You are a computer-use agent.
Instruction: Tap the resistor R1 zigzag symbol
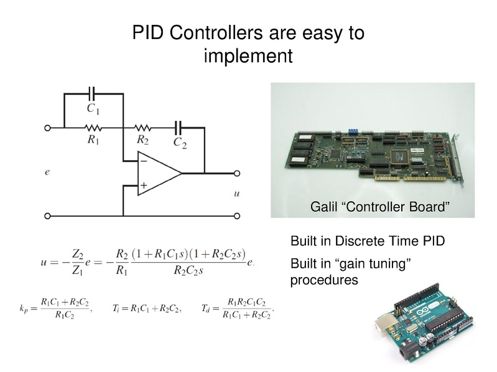point(93,127)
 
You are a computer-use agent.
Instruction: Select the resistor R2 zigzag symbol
point(143,127)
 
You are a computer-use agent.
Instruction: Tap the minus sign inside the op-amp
point(143,161)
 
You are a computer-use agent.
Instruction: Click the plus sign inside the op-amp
point(143,185)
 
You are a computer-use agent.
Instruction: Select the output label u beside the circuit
point(236,194)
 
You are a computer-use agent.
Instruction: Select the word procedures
point(324,280)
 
